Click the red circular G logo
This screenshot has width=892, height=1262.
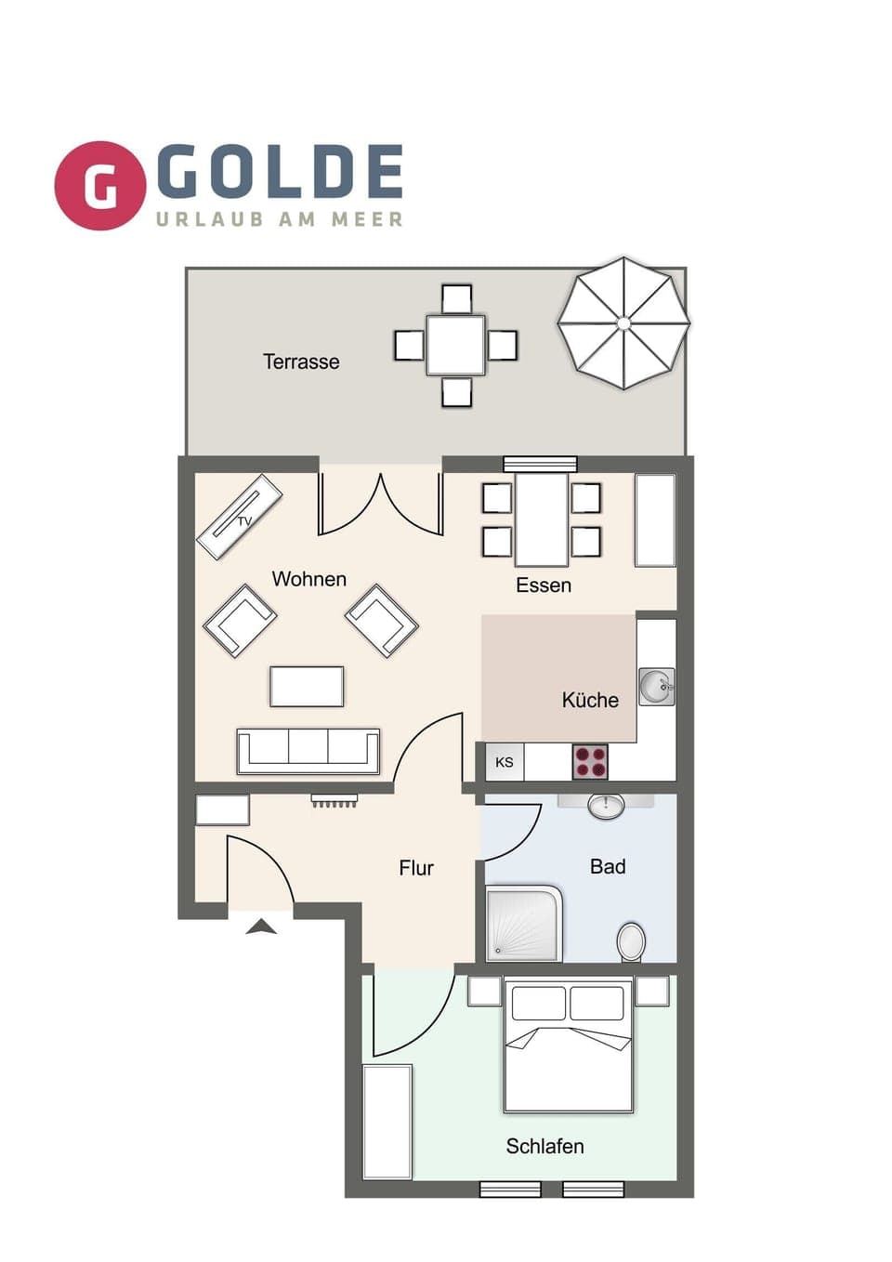click(x=100, y=185)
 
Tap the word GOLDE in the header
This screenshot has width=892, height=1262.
click(x=280, y=172)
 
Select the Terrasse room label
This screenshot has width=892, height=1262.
click(x=301, y=362)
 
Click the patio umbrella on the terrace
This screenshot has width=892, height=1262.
click(x=623, y=322)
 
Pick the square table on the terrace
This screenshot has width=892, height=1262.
click(x=455, y=345)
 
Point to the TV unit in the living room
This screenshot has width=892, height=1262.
click(x=240, y=517)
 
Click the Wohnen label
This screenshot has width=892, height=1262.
click(x=308, y=579)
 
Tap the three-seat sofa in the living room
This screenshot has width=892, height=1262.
click(x=308, y=751)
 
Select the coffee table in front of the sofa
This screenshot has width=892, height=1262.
click(x=307, y=687)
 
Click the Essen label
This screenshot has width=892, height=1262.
click(x=544, y=585)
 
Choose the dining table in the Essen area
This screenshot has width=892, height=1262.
click(x=542, y=519)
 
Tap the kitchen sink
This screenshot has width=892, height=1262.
click(x=656, y=688)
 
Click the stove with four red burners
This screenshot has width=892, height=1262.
click(x=590, y=762)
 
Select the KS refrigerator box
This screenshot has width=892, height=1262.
click(x=505, y=762)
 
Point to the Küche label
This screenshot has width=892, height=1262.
click(x=590, y=700)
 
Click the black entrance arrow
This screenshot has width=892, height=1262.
click(x=261, y=926)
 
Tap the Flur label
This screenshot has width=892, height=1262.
click(x=416, y=868)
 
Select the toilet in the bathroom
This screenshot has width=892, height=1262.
click(x=631, y=941)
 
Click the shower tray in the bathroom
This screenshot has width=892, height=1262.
click(x=524, y=925)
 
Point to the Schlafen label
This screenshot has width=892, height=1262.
click(x=544, y=1146)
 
